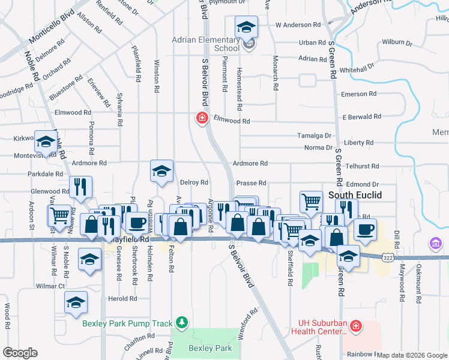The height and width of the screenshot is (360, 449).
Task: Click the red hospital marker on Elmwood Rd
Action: tap(202, 118)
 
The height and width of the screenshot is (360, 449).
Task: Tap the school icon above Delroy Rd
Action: tap(161, 172)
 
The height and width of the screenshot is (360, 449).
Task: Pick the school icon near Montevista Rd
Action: tap(46, 142)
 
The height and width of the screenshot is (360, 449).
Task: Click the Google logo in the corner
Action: tap(20, 353)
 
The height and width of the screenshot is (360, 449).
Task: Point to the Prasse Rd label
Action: tap(251, 183)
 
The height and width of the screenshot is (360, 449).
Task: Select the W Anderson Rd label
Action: tap(298, 25)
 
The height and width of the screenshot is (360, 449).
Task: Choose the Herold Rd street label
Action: tap(119, 299)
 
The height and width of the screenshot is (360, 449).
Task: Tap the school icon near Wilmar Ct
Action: tap(76, 302)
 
